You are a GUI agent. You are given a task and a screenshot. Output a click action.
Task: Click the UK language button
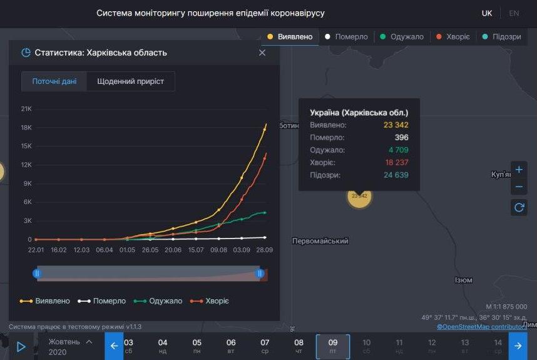tap(486, 13)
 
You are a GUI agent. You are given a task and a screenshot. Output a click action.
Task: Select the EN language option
tap(514, 13)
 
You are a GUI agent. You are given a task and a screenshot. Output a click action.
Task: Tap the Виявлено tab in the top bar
tap(290, 37)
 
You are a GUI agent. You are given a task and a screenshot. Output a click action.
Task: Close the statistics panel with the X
tap(262, 53)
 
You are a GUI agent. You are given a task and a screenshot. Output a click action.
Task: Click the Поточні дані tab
tap(54, 81)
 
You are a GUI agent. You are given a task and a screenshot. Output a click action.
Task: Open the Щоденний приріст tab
tap(130, 81)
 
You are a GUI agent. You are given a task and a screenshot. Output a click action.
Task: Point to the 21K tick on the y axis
tap(26, 109)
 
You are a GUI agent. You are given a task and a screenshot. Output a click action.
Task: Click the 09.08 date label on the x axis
tap(218, 250)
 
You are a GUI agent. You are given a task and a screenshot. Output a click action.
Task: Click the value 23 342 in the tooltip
tap(396, 125)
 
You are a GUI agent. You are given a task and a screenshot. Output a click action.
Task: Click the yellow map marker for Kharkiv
tap(359, 196)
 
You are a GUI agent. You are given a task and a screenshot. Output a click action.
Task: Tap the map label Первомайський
tap(320, 241)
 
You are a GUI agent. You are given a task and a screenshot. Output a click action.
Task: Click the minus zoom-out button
tap(519, 187)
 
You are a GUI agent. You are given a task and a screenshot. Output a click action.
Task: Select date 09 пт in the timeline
tap(332, 346)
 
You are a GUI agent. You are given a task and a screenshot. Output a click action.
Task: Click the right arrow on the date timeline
tap(518, 346)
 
